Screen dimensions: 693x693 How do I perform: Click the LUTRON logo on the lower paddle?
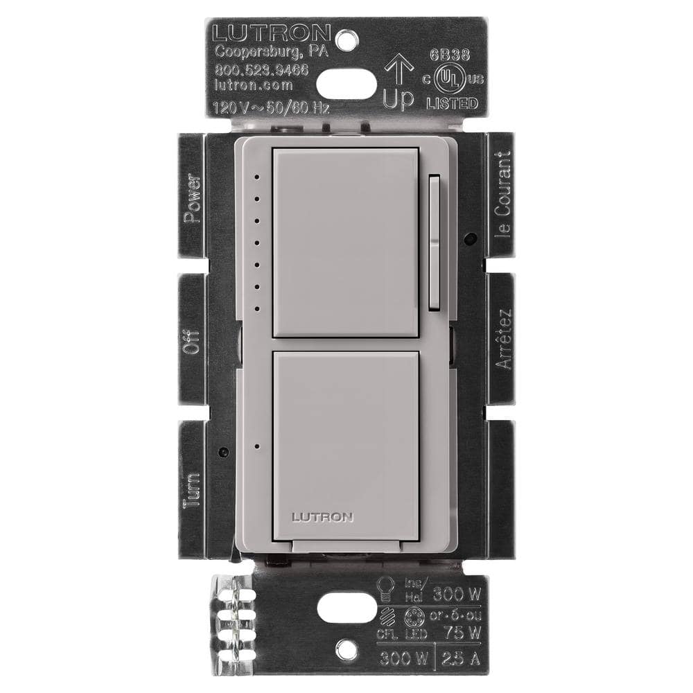coord(323,516)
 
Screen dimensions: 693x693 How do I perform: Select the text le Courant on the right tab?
coord(504,194)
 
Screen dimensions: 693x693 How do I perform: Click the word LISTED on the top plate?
coord(450,104)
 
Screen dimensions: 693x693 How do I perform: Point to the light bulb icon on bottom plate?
coord(386,587)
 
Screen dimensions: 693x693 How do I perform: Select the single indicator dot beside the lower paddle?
coord(256,447)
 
